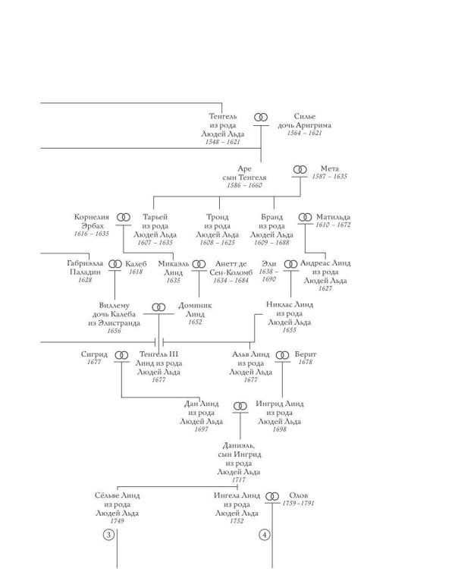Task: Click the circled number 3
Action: coord(108,535)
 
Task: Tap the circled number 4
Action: coord(265,535)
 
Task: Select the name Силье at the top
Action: coord(304,117)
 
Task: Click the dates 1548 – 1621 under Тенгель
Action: coord(223,142)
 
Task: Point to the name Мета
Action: coord(329,168)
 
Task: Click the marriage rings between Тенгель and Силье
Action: coord(261,117)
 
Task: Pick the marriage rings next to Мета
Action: coord(300,169)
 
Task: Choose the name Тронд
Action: coord(218,217)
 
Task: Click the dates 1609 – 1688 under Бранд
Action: coord(271,243)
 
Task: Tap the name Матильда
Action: coord(333,217)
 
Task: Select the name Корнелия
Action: coord(92,217)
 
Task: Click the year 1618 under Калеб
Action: coord(136,272)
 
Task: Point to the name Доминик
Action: coord(195,306)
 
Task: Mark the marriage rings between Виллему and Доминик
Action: coord(158,307)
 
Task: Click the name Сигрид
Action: coord(94,354)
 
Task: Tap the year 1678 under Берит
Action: coord(306,362)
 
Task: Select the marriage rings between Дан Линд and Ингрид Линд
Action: coord(240,406)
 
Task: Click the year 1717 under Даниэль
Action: coord(239,479)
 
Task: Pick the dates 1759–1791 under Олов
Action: coord(298,503)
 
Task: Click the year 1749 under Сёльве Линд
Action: coord(117,521)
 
